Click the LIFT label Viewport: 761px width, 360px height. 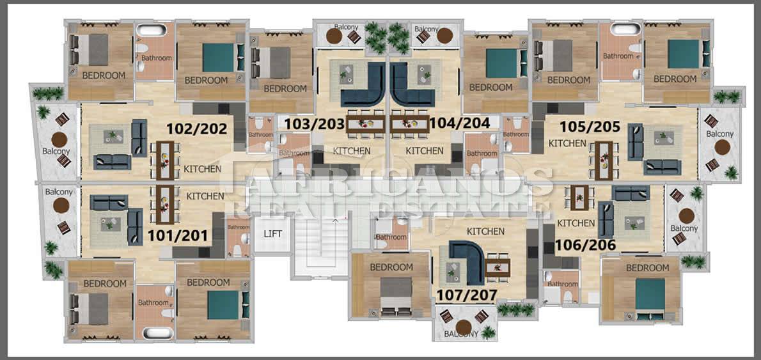point(273,234)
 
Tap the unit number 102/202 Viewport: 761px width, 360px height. point(197,129)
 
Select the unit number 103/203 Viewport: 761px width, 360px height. point(315,124)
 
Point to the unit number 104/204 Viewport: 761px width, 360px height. point(460,123)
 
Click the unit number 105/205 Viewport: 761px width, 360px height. point(590,127)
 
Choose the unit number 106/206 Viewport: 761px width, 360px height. point(585,245)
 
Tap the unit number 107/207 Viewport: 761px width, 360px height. point(467,295)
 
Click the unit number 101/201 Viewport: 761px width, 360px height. point(178,236)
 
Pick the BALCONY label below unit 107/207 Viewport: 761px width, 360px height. point(462,334)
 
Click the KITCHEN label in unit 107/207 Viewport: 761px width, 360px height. point(485,231)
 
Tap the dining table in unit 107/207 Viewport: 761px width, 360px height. point(498,267)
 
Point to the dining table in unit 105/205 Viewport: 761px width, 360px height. point(604,160)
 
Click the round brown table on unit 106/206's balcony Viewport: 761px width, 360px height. point(687,216)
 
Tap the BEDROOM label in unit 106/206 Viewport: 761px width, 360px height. point(647,268)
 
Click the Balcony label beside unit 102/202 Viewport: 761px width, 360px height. point(56,152)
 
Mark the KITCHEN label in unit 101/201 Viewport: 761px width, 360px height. point(205,196)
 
